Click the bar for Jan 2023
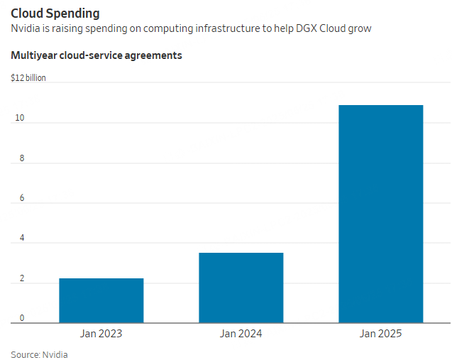(101, 300)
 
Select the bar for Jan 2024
(241, 288)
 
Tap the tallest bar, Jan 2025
(381, 213)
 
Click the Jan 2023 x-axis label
(101, 333)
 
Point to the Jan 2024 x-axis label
(241, 333)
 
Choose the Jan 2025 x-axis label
(381, 333)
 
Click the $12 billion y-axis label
(28, 78)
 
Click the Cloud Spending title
(55, 13)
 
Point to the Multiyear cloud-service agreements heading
(96, 55)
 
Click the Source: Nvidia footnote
(39, 354)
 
